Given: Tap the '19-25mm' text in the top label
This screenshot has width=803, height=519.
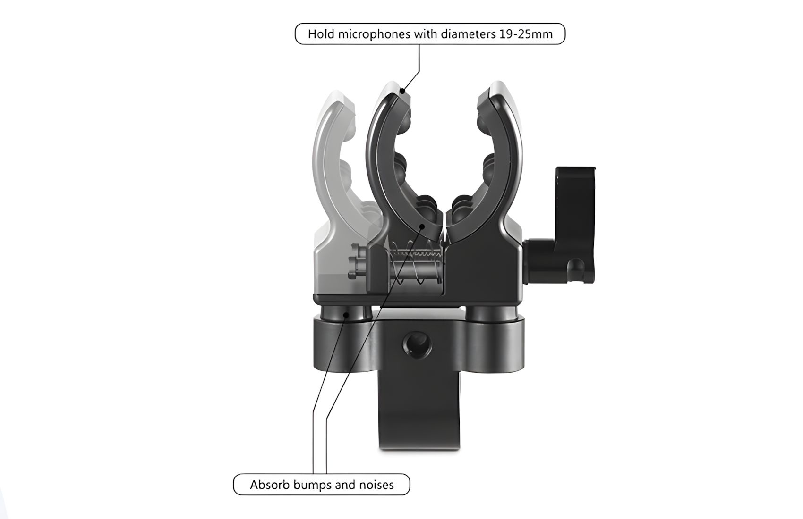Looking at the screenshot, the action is pyautogui.click(x=524, y=34).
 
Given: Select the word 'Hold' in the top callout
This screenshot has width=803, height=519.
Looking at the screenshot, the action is pyautogui.click(x=322, y=34).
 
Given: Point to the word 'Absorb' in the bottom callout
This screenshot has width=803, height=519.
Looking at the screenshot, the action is pyautogui.click(x=270, y=485).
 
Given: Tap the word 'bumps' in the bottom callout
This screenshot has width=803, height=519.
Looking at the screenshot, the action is pyautogui.click(x=312, y=486).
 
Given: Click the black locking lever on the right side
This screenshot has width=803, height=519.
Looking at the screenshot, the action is pyautogui.click(x=561, y=225).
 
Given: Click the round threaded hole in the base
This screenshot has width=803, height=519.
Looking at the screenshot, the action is pyautogui.click(x=417, y=345).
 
